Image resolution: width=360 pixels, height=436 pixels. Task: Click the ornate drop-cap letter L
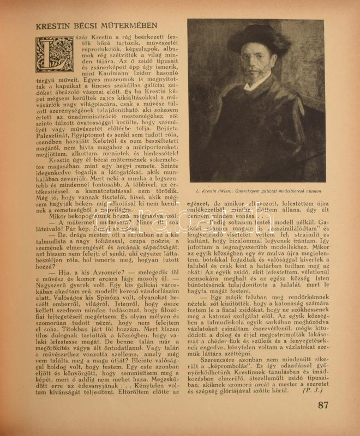pos(54,55)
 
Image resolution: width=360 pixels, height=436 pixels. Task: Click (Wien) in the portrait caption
pos(220,192)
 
